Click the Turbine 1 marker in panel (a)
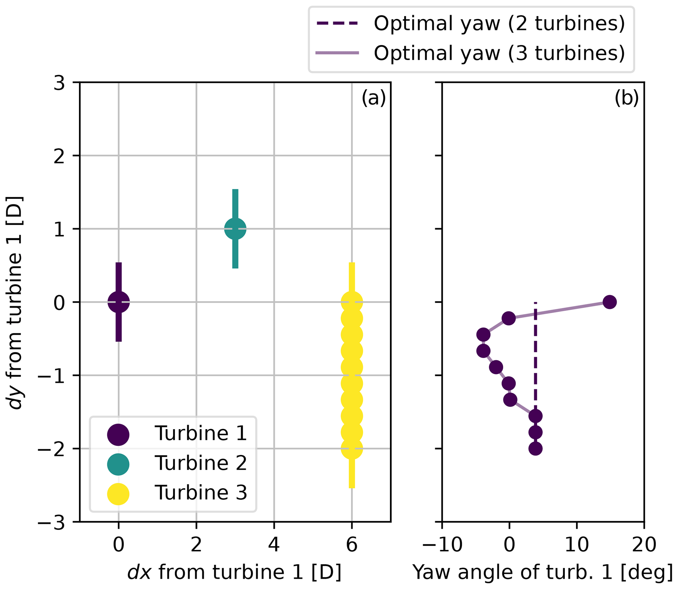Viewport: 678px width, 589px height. click(x=118, y=302)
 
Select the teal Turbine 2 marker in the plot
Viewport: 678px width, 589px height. click(x=235, y=228)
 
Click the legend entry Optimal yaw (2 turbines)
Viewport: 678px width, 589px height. click(x=471, y=24)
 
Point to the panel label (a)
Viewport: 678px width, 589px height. click(x=374, y=98)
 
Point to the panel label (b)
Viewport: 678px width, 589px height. click(x=626, y=98)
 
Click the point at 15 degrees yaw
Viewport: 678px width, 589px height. click(x=609, y=302)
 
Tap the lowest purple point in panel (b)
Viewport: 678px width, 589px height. click(x=536, y=449)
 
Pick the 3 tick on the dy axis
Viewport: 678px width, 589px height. click(x=59, y=83)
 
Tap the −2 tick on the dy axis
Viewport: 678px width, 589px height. click(x=54, y=449)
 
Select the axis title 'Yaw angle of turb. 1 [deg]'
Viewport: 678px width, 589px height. click(x=543, y=573)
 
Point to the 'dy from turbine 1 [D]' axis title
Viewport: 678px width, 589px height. click(x=15, y=302)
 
